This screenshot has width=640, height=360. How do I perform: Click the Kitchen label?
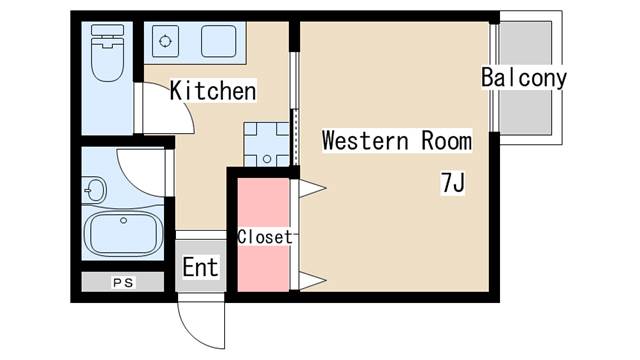213,90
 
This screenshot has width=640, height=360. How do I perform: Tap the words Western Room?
397,140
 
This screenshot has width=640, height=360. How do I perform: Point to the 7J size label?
453,182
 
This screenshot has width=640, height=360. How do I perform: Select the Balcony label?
524,77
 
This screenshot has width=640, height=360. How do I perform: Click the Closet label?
265,237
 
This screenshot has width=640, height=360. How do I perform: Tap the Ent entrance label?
200,267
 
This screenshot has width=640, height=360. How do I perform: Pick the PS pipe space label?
123,282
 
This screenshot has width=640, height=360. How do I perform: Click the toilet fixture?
107,53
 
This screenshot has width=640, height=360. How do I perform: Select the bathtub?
123,233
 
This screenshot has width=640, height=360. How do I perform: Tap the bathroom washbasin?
94,190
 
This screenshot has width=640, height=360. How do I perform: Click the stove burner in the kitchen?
165,41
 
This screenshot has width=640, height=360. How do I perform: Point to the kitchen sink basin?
218,41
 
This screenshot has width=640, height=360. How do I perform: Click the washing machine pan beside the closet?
267,144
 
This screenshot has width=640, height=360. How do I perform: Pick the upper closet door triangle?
313,189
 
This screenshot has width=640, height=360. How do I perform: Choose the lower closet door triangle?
313,281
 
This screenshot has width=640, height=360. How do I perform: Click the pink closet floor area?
263,235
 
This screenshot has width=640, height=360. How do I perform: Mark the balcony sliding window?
494,78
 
